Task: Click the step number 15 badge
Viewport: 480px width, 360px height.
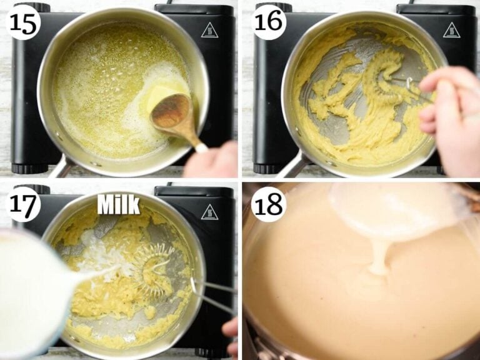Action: [x=24, y=23]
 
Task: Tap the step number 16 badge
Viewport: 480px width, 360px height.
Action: [x=269, y=21]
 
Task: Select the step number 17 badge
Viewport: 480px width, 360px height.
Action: [x=24, y=204]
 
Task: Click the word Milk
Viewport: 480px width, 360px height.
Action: [x=119, y=205]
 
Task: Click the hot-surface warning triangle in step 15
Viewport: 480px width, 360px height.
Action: [x=210, y=30]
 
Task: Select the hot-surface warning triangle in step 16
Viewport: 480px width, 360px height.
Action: [x=451, y=30]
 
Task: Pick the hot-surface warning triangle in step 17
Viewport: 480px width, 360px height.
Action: [x=210, y=212]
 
